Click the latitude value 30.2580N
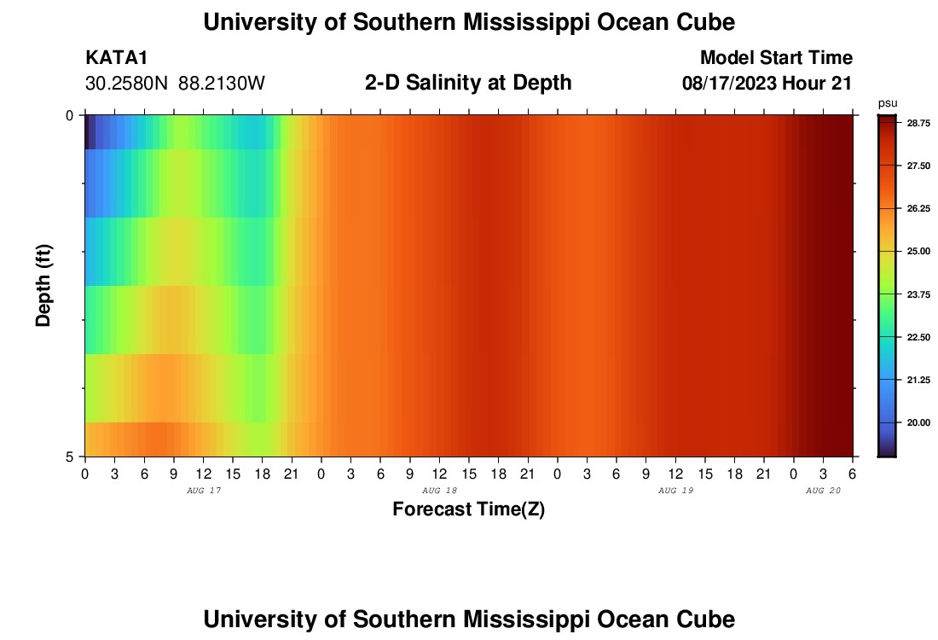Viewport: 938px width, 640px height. (x=127, y=84)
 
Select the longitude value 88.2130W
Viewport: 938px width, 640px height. (x=222, y=84)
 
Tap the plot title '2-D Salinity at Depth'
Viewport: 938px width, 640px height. (x=468, y=83)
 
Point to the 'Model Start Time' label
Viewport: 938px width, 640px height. (x=776, y=58)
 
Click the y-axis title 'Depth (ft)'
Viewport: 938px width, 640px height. (x=44, y=285)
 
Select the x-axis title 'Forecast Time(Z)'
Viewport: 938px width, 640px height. (x=468, y=509)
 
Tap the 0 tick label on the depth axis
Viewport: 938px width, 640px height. (x=70, y=115)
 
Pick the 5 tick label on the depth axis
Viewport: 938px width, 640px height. (x=70, y=457)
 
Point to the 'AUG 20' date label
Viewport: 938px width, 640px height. (x=823, y=491)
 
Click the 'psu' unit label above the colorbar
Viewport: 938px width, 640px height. (x=887, y=103)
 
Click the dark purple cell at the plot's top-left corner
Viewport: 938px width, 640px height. (x=87, y=132)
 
